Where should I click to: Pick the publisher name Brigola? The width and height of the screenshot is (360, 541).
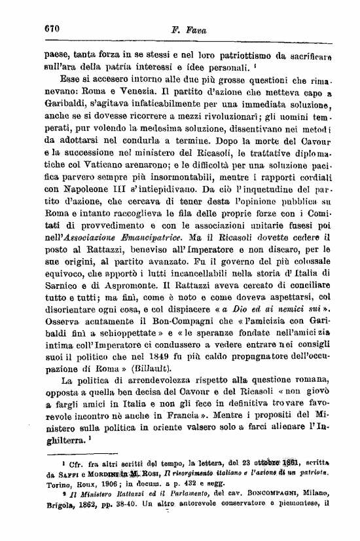pyautogui.click(x=61, y=524)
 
